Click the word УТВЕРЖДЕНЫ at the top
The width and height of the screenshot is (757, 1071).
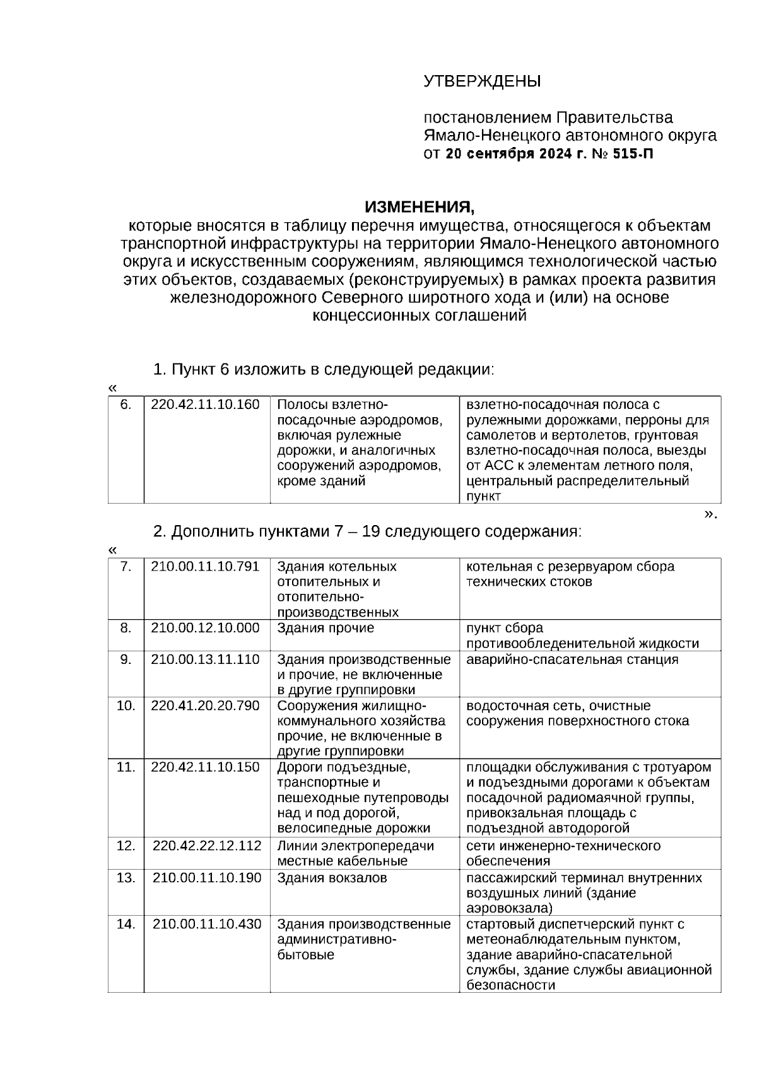482,81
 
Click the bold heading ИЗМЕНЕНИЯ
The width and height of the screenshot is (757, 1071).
419,207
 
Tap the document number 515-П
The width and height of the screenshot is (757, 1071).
633,153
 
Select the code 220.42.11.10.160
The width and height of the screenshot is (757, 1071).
205,405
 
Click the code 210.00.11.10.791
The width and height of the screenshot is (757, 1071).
205,566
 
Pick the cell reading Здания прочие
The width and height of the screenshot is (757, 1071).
326,628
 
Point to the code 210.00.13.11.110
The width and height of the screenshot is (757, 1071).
205,660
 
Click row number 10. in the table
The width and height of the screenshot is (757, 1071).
126,706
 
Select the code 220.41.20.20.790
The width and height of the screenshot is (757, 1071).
205,706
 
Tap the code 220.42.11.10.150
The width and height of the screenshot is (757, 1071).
205,767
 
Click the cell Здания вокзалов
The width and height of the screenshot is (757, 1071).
332,878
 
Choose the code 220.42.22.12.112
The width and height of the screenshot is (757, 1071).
207,846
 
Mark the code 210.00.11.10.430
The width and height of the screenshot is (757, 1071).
207,924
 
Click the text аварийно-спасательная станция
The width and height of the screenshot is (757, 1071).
572,660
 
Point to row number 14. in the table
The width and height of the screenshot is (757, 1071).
126,924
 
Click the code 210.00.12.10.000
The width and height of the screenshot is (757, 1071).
205,628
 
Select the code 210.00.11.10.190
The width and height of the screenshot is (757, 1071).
207,878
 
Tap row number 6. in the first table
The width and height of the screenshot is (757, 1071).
126,405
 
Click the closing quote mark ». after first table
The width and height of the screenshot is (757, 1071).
710,514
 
